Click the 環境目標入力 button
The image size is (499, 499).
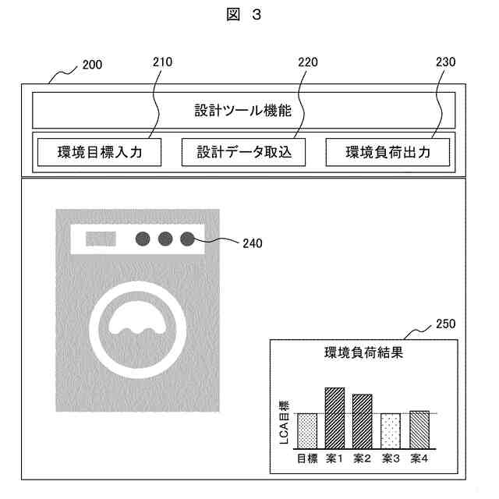[99, 152]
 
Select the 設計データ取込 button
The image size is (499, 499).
[243, 152]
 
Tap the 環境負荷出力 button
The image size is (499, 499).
[388, 152]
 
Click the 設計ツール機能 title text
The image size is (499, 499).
[243, 111]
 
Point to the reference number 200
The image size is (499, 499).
[92, 66]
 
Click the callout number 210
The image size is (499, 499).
[163, 62]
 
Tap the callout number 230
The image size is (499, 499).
[445, 62]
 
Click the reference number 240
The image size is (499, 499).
[253, 243]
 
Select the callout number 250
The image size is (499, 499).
[445, 324]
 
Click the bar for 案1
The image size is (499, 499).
[334, 417]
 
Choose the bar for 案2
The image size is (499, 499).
[362, 421]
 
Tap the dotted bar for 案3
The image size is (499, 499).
[391, 430]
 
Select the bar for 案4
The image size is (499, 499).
[419, 429]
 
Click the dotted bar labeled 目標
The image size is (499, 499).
[306, 430]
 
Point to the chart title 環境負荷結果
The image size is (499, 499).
[363, 352]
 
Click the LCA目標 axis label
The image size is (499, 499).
[284, 422]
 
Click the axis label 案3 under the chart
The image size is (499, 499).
[391, 458]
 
